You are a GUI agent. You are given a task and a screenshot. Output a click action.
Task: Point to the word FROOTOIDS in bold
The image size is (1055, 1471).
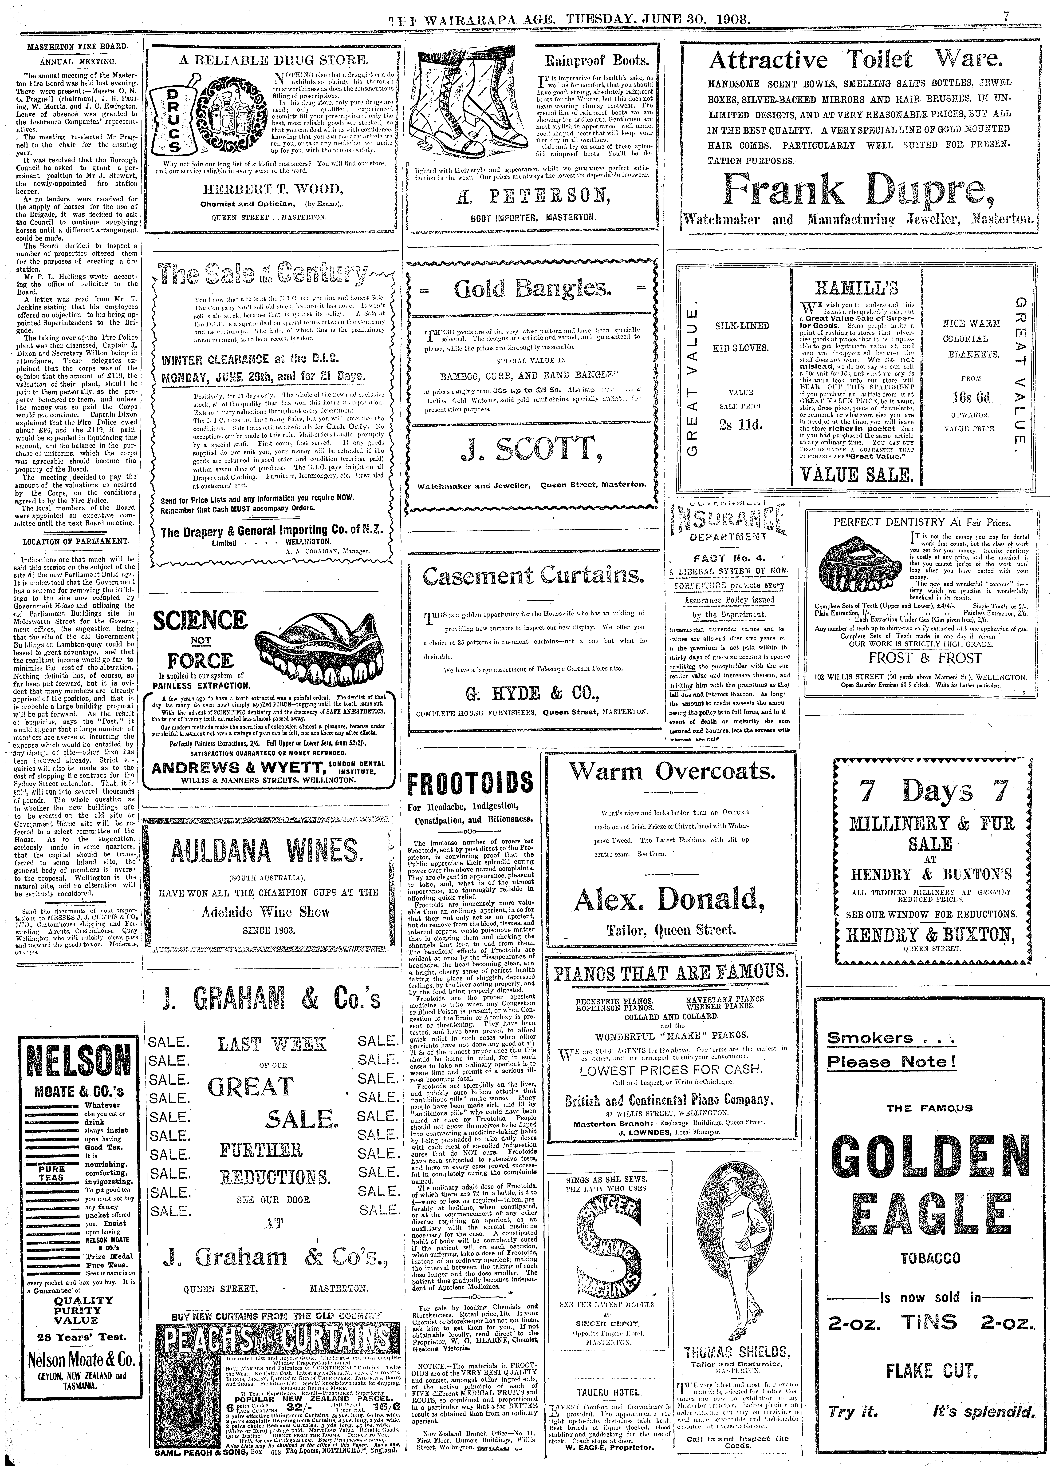coord(471,785)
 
